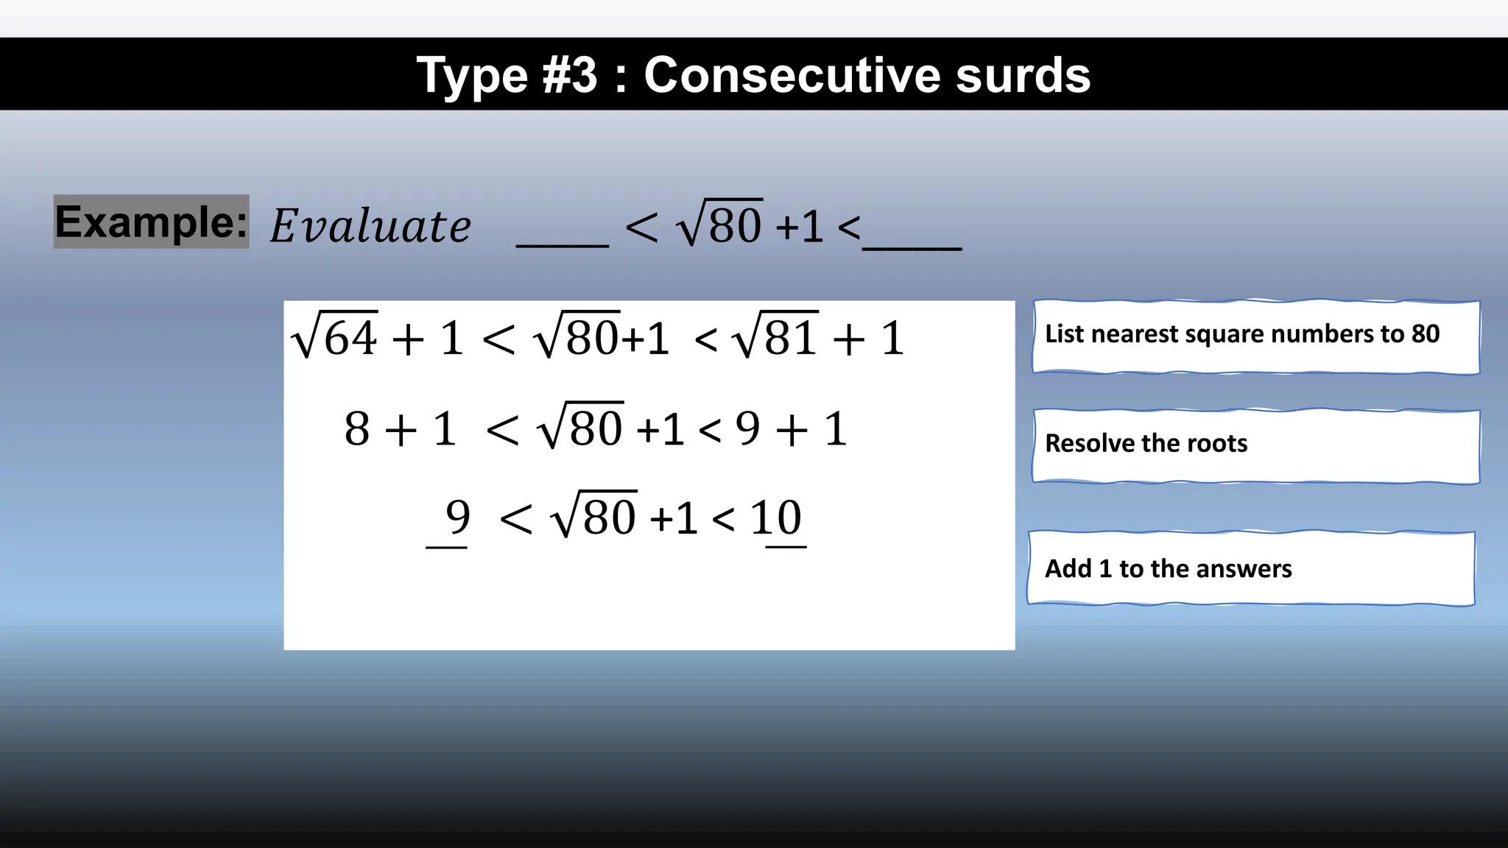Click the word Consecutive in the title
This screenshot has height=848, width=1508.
(792, 75)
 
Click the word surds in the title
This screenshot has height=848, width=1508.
(1023, 75)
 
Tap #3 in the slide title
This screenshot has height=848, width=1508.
(569, 75)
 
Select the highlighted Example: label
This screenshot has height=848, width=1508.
(152, 222)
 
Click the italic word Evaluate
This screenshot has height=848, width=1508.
(370, 226)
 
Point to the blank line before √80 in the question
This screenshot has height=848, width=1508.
(563, 243)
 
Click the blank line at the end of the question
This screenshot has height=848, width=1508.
(912, 247)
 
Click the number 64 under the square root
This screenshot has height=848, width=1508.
(350, 339)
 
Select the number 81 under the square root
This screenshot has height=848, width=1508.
(791, 339)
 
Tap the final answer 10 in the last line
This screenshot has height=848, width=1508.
(776, 517)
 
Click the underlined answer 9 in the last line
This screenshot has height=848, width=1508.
(457, 517)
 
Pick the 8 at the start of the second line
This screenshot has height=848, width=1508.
(357, 429)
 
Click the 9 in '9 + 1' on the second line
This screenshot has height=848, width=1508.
(747, 429)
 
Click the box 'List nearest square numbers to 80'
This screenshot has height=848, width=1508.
(1255, 336)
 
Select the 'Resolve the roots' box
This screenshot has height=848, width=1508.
(1255, 446)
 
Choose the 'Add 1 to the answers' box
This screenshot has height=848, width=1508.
(1251, 568)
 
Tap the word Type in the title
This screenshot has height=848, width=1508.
(472, 77)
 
